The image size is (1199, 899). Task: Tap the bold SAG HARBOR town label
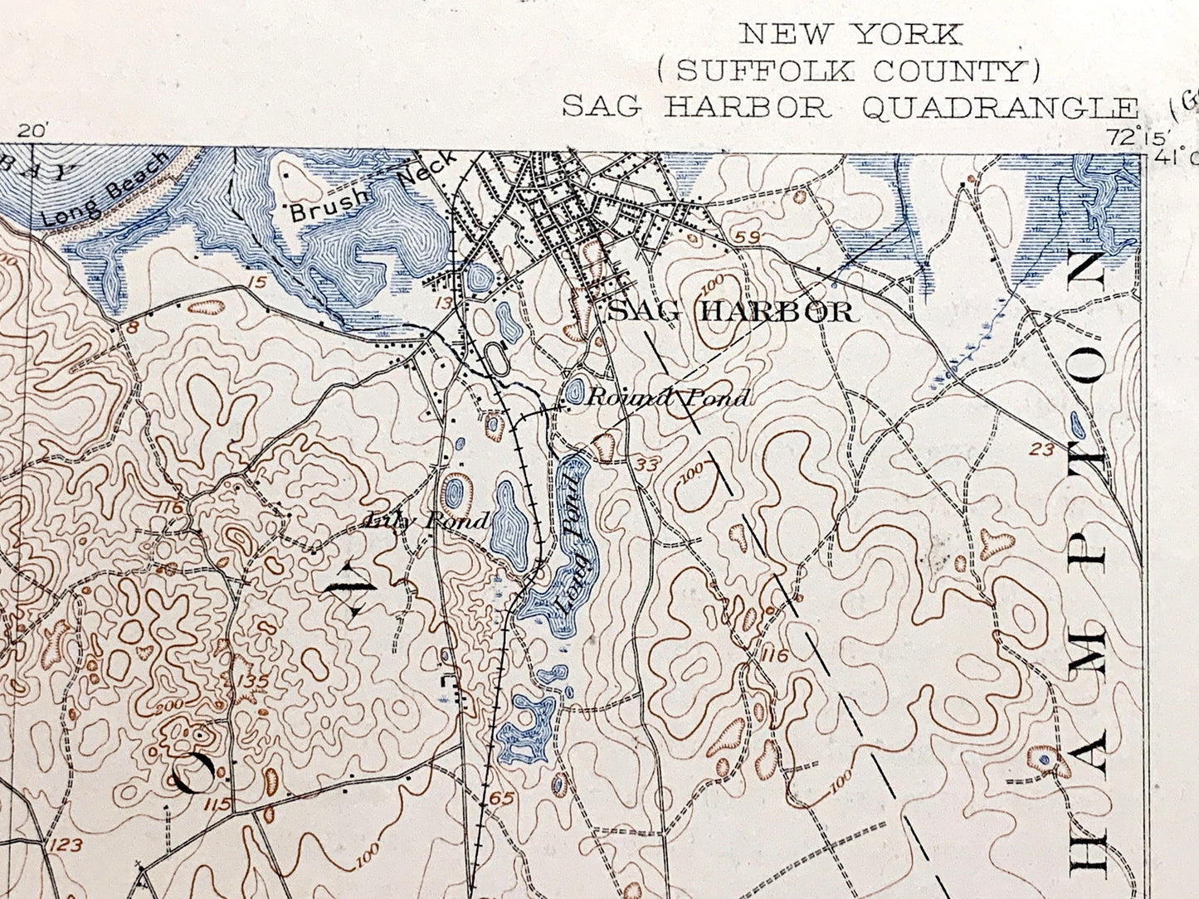click(x=730, y=312)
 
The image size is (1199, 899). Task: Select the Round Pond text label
click(x=668, y=397)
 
